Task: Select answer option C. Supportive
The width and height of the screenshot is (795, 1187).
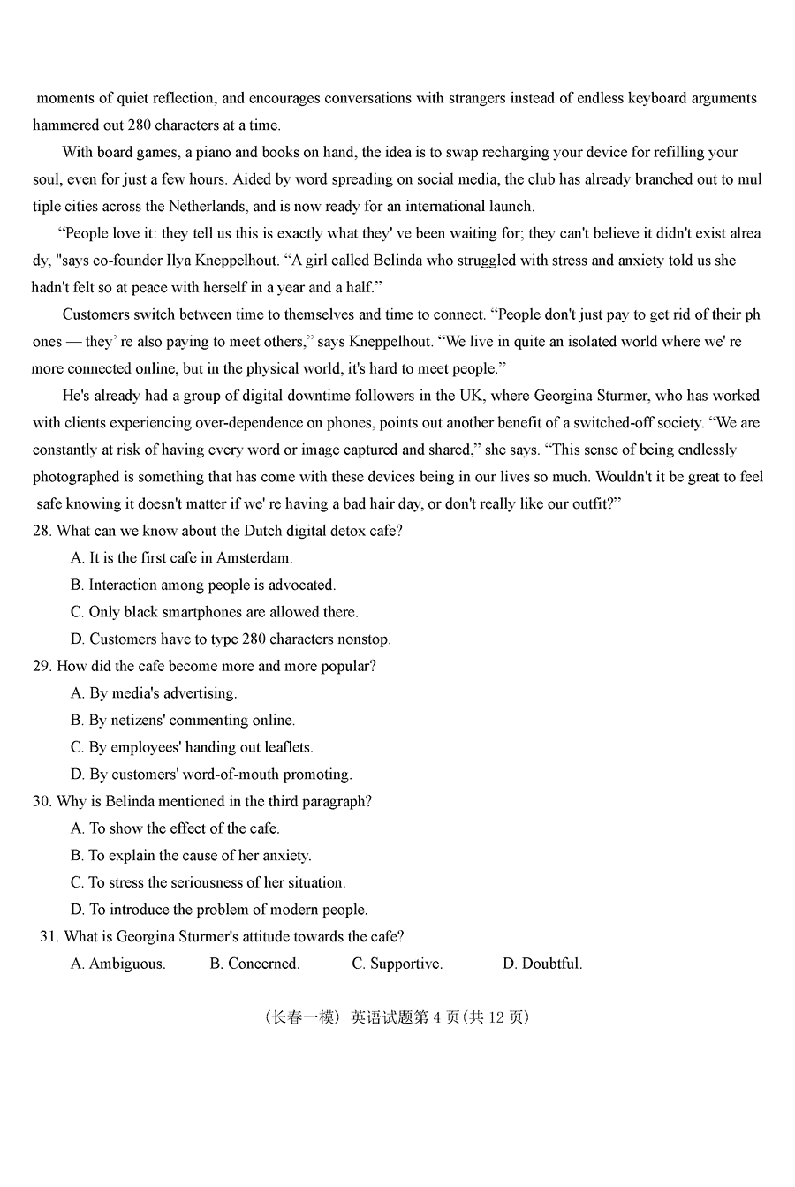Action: pos(397,964)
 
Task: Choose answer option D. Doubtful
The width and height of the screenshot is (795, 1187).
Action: pos(542,964)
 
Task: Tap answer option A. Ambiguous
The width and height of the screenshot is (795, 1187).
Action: pos(118,964)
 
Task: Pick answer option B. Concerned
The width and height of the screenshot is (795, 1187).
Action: pos(254,964)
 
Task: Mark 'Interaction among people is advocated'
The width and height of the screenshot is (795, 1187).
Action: pos(212,585)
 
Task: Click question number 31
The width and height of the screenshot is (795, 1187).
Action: pos(49,936)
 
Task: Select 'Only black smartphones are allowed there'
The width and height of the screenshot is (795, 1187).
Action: pos(223,612)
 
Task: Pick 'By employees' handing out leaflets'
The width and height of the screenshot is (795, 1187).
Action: pos(201,747)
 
